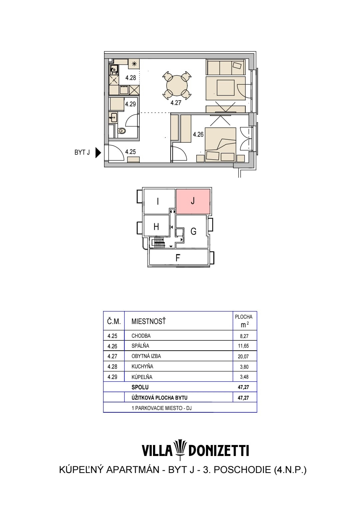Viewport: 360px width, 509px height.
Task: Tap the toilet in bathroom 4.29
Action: point(122,131)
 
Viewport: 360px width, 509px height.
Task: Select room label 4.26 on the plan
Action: point(198,135)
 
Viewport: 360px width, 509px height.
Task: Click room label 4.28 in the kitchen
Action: point(130,78)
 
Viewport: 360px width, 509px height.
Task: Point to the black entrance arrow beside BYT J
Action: point(98,152)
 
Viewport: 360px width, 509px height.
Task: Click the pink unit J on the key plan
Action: point(193,201)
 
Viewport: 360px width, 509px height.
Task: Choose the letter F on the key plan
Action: point(178,258)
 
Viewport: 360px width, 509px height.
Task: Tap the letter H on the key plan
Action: point(156,227)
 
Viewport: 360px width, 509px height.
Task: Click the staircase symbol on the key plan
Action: point(159,242)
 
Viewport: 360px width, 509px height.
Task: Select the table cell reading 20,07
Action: point(243,356)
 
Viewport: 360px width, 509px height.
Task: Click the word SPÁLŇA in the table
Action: point(140,346)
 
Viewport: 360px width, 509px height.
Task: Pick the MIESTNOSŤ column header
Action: point(149,321)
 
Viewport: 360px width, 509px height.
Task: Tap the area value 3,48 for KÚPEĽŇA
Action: point(244,377)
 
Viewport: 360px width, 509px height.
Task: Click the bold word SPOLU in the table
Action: point(140,387)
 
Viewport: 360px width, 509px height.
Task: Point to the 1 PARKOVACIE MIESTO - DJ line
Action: point(162,408)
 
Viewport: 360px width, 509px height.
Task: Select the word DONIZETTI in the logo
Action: point(219,451)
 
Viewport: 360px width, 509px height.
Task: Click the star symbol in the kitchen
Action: point(134,64)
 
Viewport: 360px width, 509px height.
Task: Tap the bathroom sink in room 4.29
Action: point(113,118)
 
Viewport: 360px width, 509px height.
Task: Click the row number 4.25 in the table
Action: point(112,336)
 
